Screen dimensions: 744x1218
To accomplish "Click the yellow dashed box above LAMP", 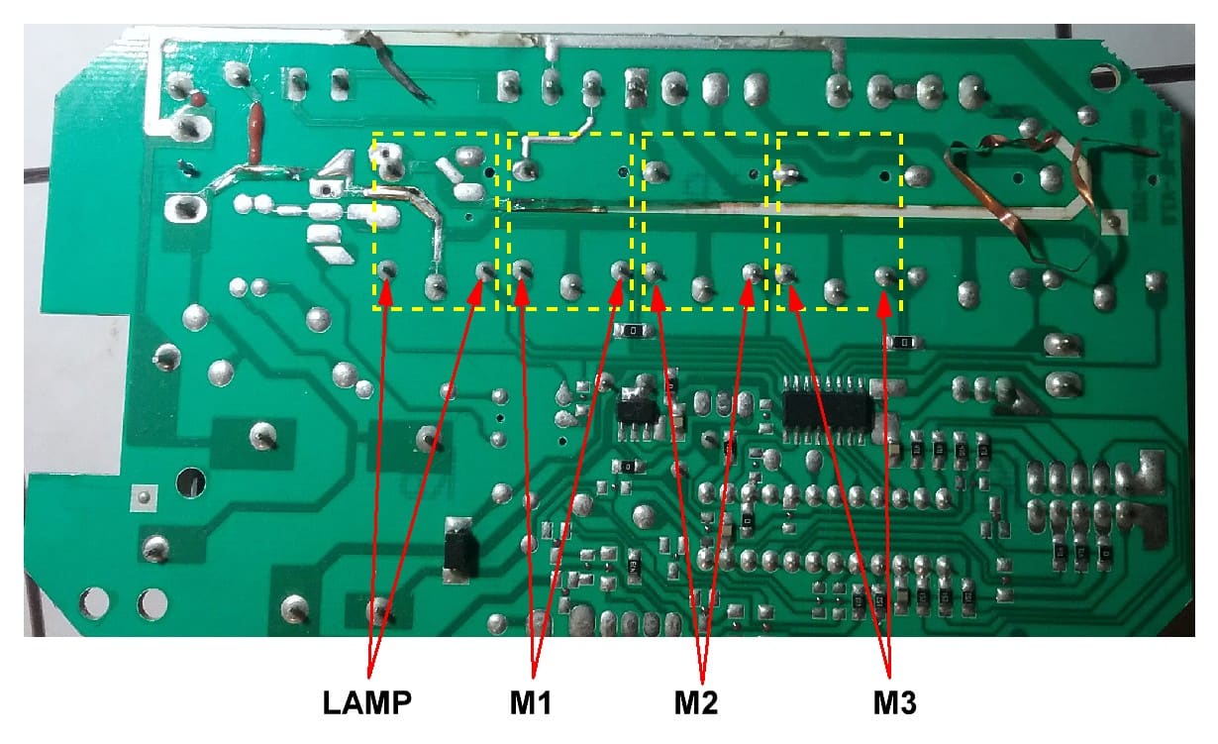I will [x=435, y=220].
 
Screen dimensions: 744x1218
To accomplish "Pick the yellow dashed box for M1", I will [x=569, y=220].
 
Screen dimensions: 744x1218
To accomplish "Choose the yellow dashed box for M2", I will [x=704, y=220].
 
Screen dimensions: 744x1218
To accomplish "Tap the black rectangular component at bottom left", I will [x=460, y=547].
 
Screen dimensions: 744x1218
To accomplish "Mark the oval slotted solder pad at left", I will [x=185, y=209].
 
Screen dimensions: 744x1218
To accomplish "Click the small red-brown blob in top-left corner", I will [x=197, y=99].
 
